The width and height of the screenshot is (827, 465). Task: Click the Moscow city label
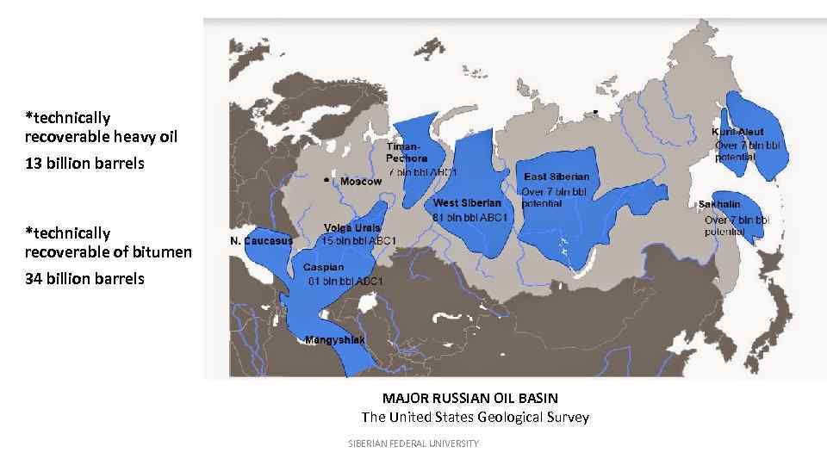361,182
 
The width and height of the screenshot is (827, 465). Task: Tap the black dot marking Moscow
326,180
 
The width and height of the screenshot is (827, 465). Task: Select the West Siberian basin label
466,203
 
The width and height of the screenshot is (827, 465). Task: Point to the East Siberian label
557,177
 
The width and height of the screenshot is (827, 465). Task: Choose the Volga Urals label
351,228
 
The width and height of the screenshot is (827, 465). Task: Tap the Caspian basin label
323,268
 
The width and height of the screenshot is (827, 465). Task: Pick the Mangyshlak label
335,340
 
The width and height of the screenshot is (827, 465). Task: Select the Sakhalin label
718,205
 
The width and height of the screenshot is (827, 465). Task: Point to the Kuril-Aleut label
737,133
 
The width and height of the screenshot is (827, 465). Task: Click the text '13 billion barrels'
84,163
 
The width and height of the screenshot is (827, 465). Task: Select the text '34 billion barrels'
84,278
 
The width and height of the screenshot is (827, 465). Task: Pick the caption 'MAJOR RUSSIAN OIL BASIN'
469,398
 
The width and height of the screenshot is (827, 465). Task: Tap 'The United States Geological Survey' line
475,417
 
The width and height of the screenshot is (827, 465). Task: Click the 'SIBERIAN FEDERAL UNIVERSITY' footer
413,443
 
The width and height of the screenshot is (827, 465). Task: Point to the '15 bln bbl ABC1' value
358,241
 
